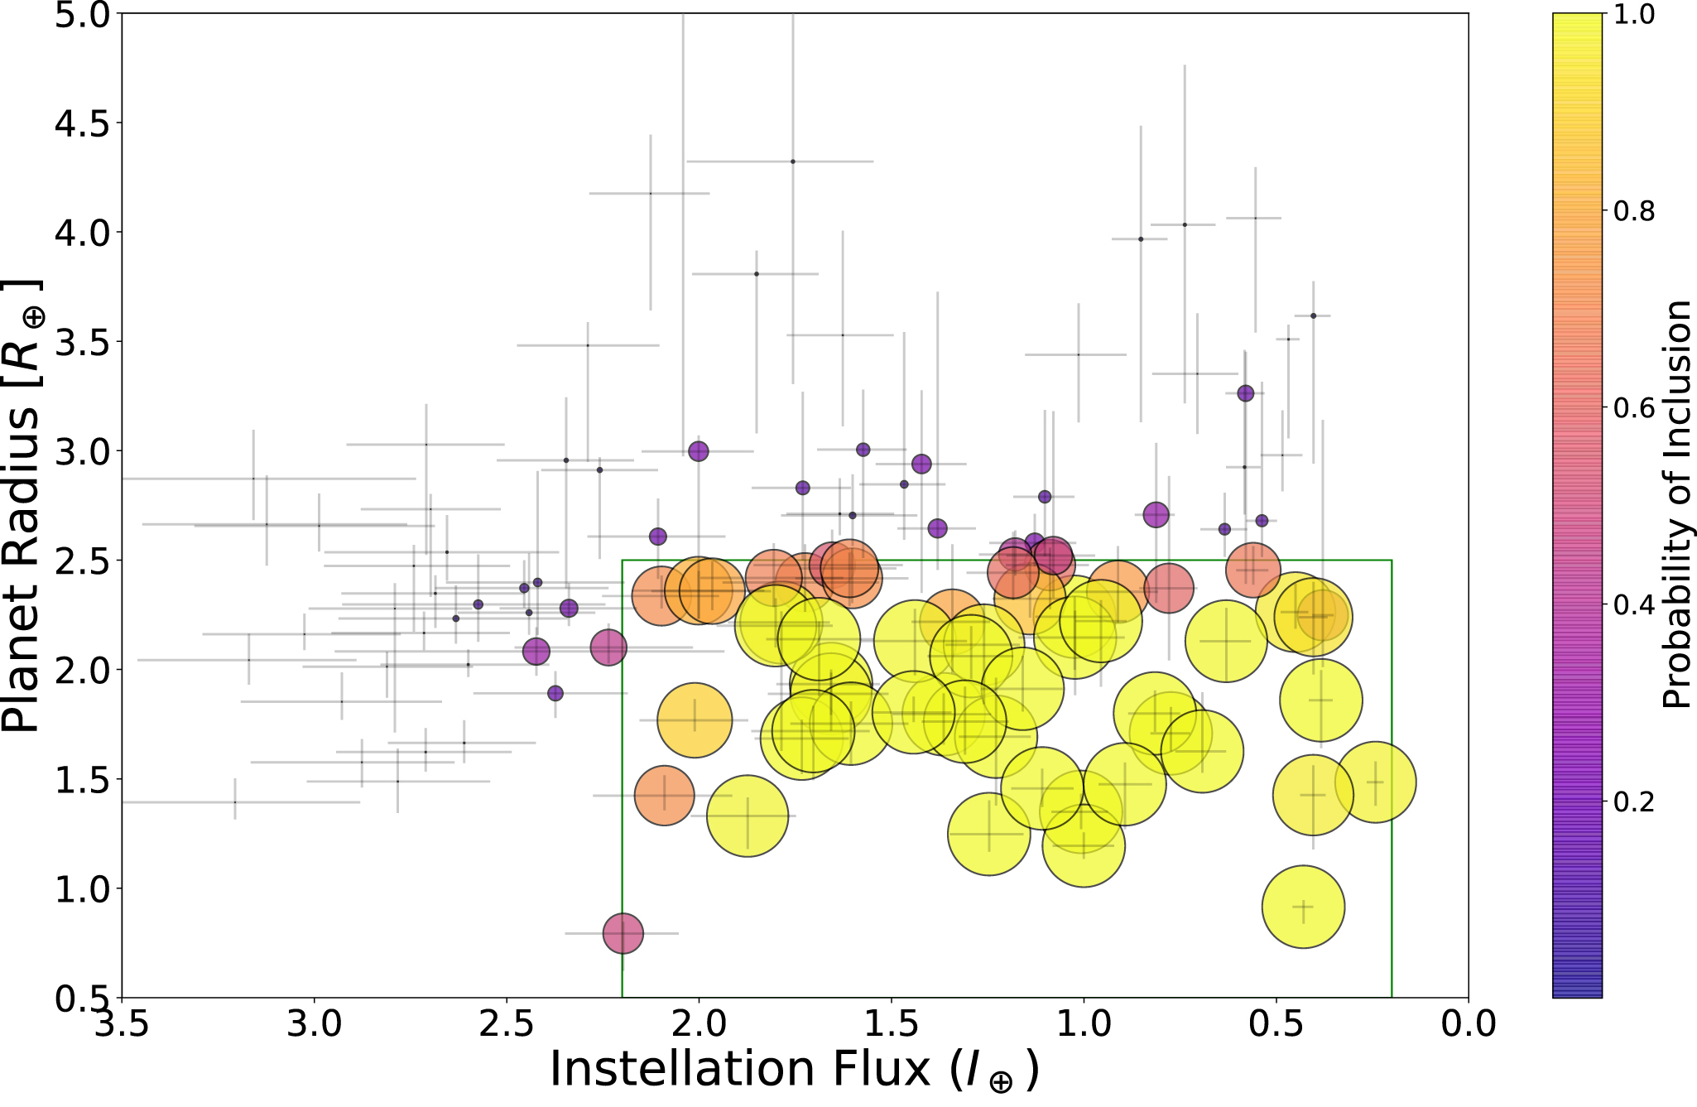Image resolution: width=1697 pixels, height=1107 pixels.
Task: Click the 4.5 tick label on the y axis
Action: tap(80, 124)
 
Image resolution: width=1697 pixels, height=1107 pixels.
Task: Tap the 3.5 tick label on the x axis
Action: tap(122, 1025)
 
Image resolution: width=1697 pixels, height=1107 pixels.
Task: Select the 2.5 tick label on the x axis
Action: tap(506, 1025)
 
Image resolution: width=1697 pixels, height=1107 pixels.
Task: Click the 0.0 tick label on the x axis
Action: tap(1468, 1025)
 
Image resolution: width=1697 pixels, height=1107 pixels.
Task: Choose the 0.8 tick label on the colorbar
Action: tap(1634, 212)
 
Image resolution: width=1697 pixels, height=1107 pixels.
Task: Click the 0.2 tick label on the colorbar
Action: tap(1634, 801)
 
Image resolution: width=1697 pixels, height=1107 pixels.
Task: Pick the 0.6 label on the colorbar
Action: tap(1634, 408)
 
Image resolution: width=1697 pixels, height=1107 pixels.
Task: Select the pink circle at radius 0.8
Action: tap(623, 933)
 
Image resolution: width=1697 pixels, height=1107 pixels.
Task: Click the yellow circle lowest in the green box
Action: tap(1303, 907)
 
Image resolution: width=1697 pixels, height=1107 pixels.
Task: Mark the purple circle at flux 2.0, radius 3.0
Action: tap(699, 451)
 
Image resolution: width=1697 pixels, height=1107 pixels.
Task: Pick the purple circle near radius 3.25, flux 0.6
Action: tap(1245, 393)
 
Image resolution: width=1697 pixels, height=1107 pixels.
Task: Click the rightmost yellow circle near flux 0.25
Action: tap(1375, 782)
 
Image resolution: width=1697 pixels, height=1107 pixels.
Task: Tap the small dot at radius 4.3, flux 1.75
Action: tap(792, 161)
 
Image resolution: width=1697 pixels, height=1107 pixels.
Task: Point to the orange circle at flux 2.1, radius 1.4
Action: tap(664, 795)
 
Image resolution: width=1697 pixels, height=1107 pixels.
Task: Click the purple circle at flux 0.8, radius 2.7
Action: tap(1156, 515)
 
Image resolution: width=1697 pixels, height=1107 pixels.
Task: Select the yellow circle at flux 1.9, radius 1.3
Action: tap(748, 816)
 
